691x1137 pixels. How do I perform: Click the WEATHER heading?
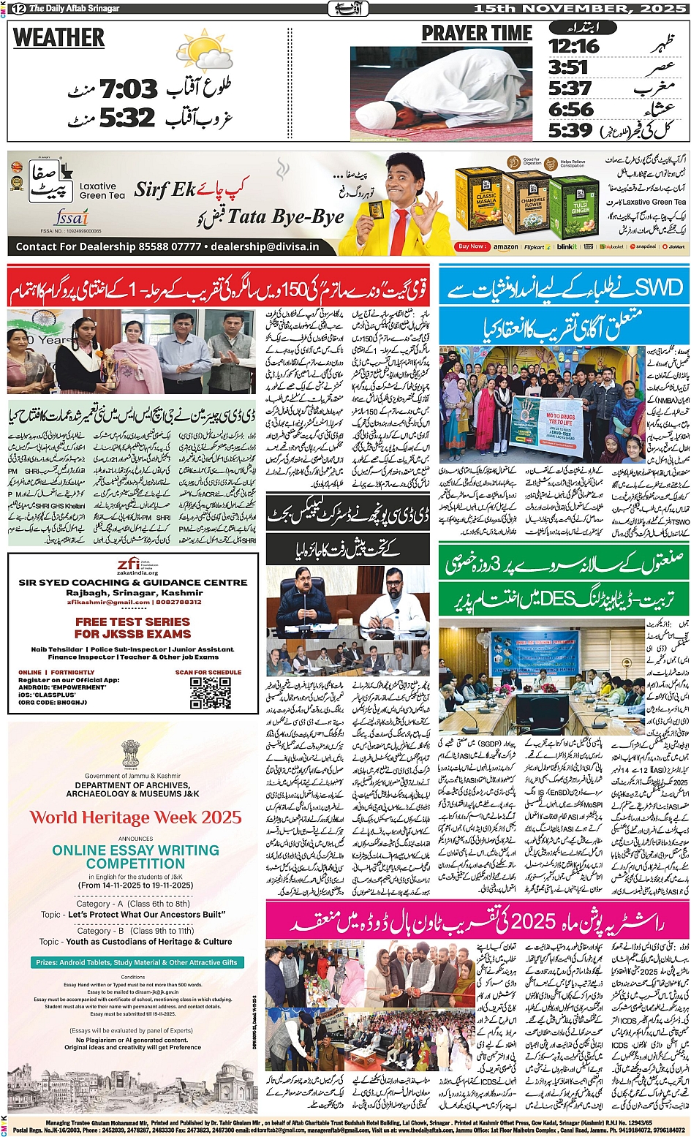(59, 38)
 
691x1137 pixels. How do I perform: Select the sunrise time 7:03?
(128, 89)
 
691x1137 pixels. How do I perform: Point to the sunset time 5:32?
(128, 117)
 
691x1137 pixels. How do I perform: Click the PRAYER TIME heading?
(477, 34)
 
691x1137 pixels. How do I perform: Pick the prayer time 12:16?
(573, 46)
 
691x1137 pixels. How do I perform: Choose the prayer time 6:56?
(570, 110)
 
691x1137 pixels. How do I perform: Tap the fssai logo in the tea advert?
(72, 217)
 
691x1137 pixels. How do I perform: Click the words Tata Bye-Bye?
(285, 217)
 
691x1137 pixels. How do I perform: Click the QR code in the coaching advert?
(211, 692)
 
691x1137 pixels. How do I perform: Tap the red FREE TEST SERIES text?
(132, 627)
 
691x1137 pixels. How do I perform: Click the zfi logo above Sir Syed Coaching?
(132, 565)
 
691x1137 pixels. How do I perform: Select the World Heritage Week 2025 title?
(135, 817)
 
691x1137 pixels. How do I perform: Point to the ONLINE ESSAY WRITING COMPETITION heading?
(135, 857)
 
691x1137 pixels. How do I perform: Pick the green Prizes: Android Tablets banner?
(137, 962)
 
